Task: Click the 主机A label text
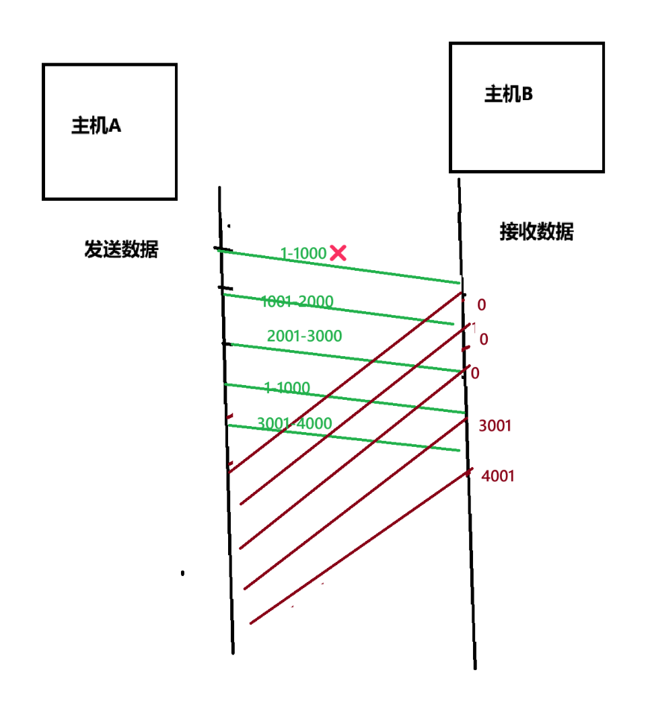(96, 126)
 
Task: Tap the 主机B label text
(509, 95)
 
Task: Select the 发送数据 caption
(121, 250)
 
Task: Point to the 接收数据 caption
(536, 232)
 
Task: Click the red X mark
(338, 253)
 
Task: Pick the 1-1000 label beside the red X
(303, 253)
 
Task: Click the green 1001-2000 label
(297, 302)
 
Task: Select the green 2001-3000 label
(304, 336)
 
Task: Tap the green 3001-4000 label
(294, 423)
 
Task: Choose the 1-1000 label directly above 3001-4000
(287, 388)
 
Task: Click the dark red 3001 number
(495, 425)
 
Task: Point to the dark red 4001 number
(498, 476)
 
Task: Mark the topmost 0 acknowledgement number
(481, 305)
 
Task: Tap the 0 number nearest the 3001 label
(475, 373)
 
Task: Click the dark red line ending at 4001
(357, 548)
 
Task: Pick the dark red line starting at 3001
(357, 504)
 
